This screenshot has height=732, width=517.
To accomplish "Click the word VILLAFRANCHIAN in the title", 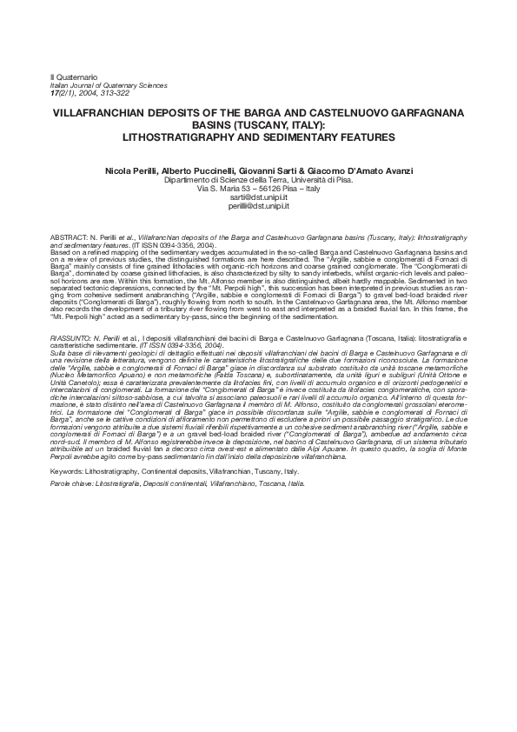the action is coord(123,114).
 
